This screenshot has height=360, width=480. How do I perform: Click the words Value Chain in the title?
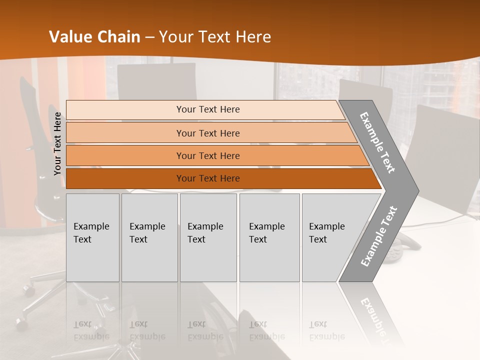tap(94, 37)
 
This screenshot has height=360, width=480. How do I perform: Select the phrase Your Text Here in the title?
tap(215, 37)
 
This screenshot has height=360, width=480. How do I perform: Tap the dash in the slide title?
tap(149, 37)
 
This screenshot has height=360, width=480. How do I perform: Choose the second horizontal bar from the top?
tap(208, 133)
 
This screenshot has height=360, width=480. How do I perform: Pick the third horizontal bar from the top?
tap(208, 155)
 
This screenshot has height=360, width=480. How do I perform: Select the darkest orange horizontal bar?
tap(208, 178)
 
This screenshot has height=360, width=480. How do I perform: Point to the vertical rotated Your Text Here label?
tap(57, 143)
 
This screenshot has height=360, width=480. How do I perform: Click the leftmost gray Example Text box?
tap(92, 237)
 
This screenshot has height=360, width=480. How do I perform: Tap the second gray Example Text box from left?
tap(149, 237)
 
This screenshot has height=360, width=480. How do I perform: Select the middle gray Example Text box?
tap(208, 237)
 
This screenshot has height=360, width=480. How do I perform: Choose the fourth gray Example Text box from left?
tap(269, 237)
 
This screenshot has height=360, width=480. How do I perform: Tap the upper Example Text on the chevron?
tap(377, 142)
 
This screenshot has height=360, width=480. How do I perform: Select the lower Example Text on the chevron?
tap(378, 236)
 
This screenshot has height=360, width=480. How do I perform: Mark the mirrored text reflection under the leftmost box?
tap(91, 330)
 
